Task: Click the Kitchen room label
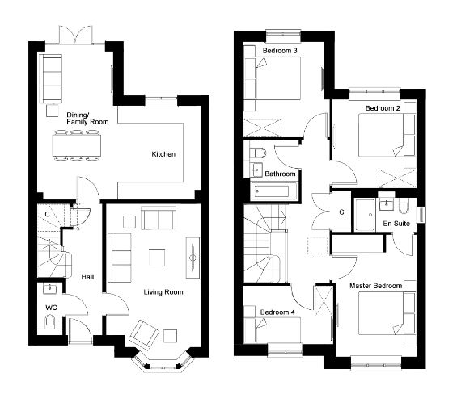[163, 154]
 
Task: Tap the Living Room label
[163, 292]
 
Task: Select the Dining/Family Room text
[87, 119]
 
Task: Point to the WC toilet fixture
[50, 321]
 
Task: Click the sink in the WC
[49, 289]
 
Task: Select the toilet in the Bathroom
[260, 153]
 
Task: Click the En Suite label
[396, 224]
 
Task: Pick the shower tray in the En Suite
[364, 215]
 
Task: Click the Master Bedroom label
[375, 286]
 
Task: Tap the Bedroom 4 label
[277, 312]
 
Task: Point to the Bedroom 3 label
[280, 51]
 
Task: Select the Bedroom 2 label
[383, 108]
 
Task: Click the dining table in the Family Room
[77, 145]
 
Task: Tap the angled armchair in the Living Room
[144, 335]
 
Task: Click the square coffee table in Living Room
[157, 258]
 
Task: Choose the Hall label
[87, 277]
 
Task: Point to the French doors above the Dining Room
[75, 35]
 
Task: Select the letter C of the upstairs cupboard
[341, 212]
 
